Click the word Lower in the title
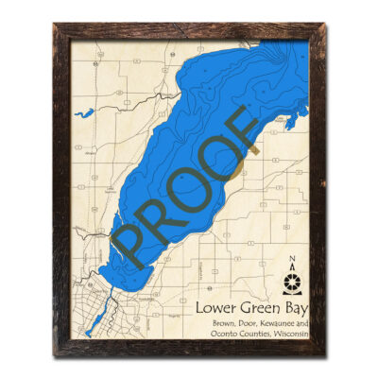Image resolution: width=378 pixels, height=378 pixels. [215, 309]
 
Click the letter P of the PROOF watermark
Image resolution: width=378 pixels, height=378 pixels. [129, 245]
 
